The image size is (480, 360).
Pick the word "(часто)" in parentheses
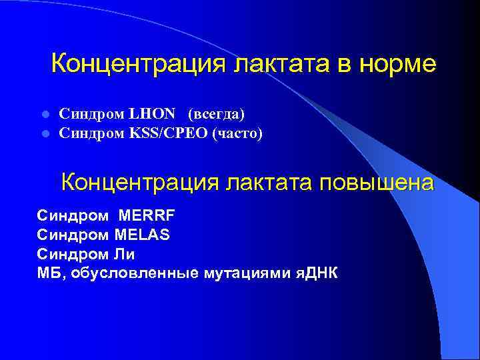(x=237, y=134)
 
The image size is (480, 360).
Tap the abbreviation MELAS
(x=141, y=235)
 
